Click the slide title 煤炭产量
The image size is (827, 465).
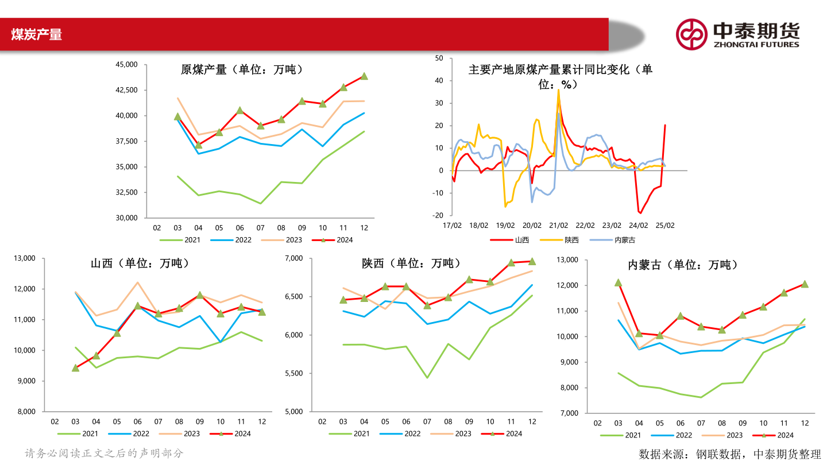[x=36, y=35]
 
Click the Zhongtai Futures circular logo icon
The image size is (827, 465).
[x=691, y=34]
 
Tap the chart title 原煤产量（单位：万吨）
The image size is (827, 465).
[x=242, y=70]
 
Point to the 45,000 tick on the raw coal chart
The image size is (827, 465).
[x=126, y=65]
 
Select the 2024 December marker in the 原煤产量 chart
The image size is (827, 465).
[x=364, y=76]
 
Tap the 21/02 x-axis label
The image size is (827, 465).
[x=559, y=226]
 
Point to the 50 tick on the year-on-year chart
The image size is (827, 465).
[x=439, y=58]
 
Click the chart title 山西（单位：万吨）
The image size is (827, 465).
[x=140, y=263]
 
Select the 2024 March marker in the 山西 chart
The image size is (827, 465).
[x=75, y=368]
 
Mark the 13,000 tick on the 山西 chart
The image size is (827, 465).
[x=24, y=258]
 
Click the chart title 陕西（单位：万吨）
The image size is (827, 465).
[x=411, y=263]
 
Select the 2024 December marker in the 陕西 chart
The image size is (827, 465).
[x=532, y=261]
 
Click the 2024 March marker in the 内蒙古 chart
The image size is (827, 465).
[x=618, y=282]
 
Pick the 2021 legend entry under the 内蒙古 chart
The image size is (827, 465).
[x=624, y=435]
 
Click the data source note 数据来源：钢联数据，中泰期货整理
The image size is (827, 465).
[x=730, y=454]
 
